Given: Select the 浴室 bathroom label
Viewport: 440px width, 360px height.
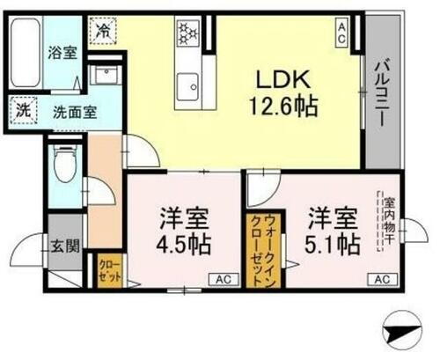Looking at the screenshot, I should pyautogui.click(x=62, y=53).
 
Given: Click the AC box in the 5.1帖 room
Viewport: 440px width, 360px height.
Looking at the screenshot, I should pyautogui.click(x=382, y=279).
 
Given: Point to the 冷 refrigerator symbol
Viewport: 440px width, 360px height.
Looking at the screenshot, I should pyautogui.click(x=104, y=30).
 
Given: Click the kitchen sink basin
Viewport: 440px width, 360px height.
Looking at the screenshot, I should pyautogui.click(x=187, y=84).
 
